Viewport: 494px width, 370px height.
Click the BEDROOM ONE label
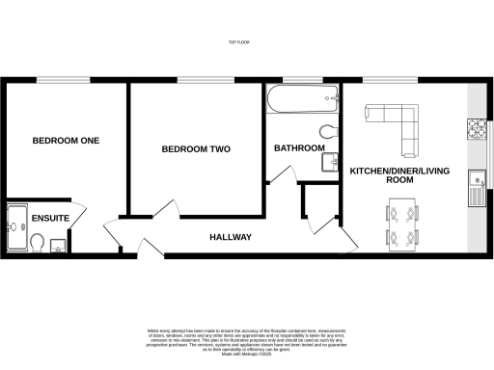(x=66, y=141)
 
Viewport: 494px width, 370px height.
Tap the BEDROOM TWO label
(x=196, y=149)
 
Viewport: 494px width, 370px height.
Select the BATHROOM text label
(x=298, y=148)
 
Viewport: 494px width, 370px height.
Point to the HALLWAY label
(x=231, y=237)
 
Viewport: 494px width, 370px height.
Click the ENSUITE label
(x=50, y=219)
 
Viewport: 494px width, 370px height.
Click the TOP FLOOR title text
(x=239, y=42)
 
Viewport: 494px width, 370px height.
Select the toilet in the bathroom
(x=326, y=132)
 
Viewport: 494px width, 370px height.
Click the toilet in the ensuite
(x=34, y=248)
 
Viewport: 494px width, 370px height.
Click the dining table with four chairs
(x=402, y=224)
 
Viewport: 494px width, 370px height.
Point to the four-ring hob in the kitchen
(x=477, y=127)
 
